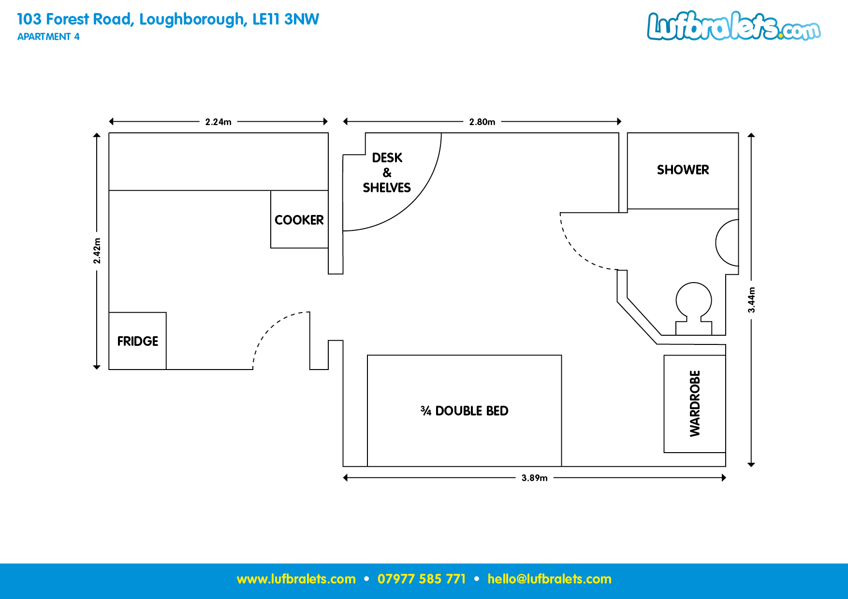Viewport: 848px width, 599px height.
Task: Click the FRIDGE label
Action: pos(138,341)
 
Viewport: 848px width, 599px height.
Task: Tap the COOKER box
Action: pos(299,220)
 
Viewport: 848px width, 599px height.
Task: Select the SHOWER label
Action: pos(683,170)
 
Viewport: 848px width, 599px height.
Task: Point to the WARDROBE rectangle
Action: pos(695,404)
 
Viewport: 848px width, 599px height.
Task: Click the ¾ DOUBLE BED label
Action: pos(465,411)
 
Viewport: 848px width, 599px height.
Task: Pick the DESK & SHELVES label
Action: pos(387,172)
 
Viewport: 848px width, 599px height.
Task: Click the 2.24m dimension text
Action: pos(218,122)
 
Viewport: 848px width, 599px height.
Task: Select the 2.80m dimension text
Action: pos(482,122)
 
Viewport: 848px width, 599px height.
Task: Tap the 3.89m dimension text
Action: pos(534,478)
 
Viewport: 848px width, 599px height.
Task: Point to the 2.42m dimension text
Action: pos(97,251)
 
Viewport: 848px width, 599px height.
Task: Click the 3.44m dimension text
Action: pos(751,299)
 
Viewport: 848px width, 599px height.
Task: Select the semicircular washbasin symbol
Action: pos(728,243)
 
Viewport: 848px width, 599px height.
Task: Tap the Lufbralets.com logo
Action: pos(733,26)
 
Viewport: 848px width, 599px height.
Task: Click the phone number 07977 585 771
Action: pos(421,579)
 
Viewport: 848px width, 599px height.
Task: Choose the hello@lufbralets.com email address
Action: pos(549,579)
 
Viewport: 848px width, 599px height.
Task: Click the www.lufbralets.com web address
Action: pos(296,579)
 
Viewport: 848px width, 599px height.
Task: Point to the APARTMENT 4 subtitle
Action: pos(48,37)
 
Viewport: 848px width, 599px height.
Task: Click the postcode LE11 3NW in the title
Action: pos(286,19)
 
